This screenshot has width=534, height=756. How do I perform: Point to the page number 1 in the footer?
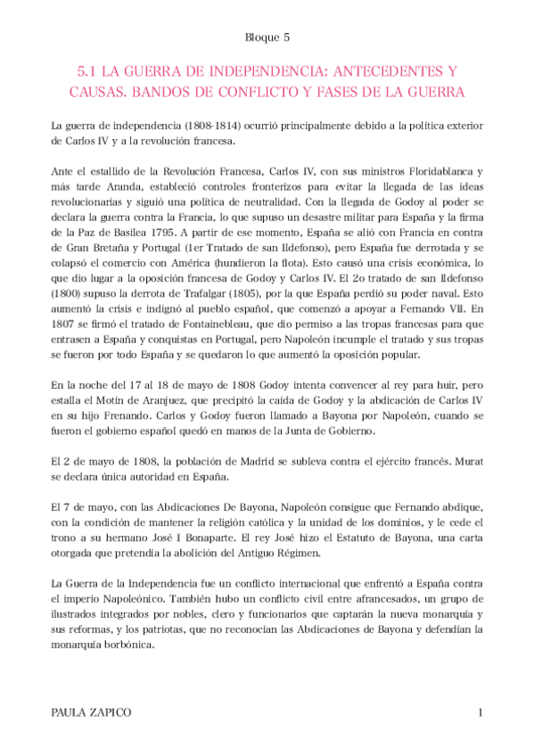tap(480, 713)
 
